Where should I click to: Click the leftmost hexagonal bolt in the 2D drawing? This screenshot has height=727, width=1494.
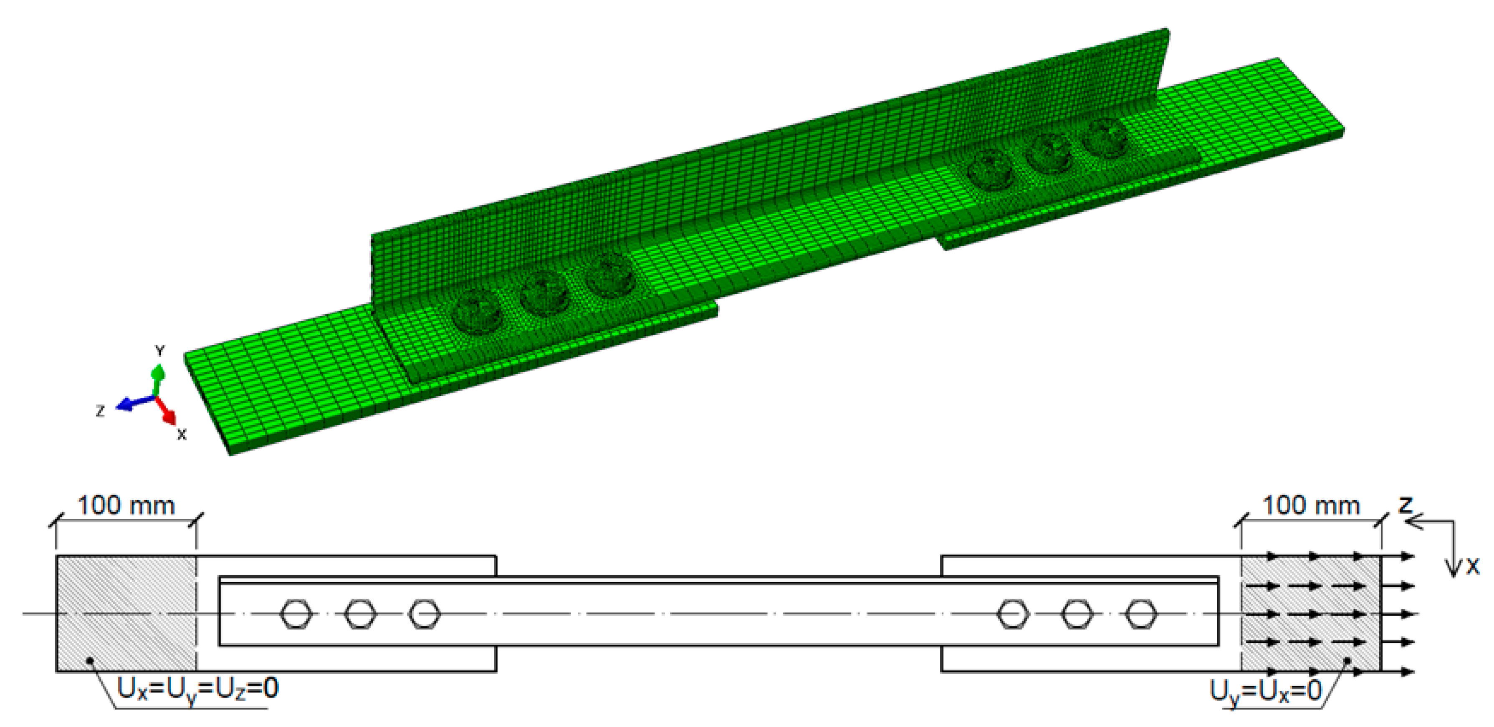pos(296,614)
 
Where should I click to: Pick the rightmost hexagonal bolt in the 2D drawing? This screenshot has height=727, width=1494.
pos(1141,614)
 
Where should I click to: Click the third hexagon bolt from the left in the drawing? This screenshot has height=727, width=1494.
pos(424,614)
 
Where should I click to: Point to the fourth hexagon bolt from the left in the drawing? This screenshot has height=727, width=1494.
pos(1013,614)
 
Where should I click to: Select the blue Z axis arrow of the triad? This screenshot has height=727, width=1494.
pos(131,404)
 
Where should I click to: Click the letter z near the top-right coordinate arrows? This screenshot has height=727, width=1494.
pos(1405,505)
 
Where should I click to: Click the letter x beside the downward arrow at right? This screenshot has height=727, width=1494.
pos(1473,566)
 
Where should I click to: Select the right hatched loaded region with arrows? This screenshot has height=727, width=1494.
pos(1311,613)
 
